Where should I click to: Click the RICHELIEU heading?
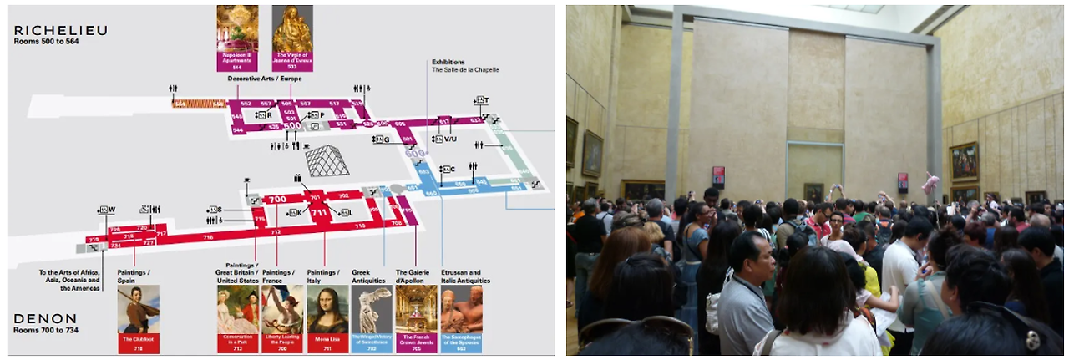coord(60,30)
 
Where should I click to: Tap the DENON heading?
coord(45,318)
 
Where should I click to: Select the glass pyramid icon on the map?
coord(327,160)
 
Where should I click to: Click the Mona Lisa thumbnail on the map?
coord(327,309)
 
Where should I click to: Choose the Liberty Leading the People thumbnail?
coord(282,309)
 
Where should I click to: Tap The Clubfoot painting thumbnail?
coord(138,309)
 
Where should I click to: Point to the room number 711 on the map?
coord(318,213)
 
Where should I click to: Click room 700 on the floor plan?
coord(276,200)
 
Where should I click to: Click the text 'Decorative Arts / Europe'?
coord(265,79)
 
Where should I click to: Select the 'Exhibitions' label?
coord(448,62)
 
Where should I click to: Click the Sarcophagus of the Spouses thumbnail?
coord(461,309)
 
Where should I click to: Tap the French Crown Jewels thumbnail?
coord(416,309)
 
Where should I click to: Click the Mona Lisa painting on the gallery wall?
coord(813,191)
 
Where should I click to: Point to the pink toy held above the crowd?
coord(930,183)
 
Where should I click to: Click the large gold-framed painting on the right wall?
coord(964,161)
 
